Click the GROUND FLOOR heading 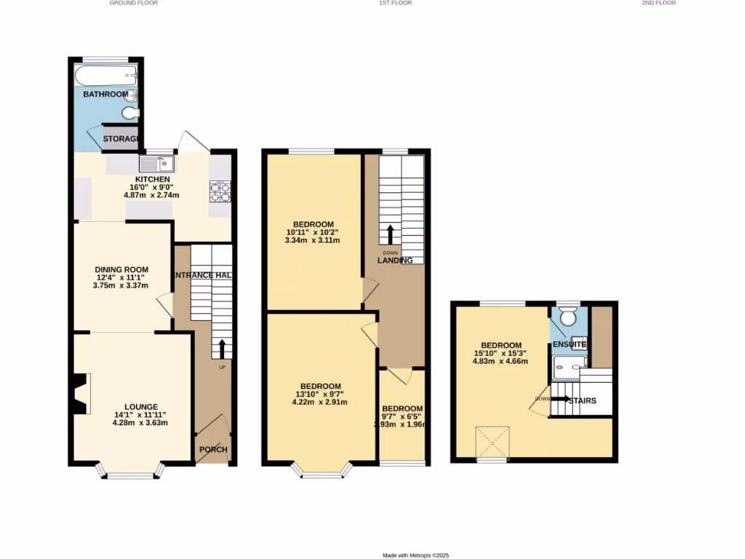(134, 3)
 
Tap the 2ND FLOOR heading (658, 3)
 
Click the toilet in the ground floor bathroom (130, 113)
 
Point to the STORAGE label (120, 139)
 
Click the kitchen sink (156, 163)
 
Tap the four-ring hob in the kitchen (220, 191)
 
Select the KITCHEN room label (153, 179)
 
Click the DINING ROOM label (121, 269)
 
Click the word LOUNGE (140, 407)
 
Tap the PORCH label (214, 450)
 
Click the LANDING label (395, 261)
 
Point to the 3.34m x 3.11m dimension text (313, 240)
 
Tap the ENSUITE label (570, 344)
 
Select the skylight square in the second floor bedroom (492, 440)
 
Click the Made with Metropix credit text (415, 555)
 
